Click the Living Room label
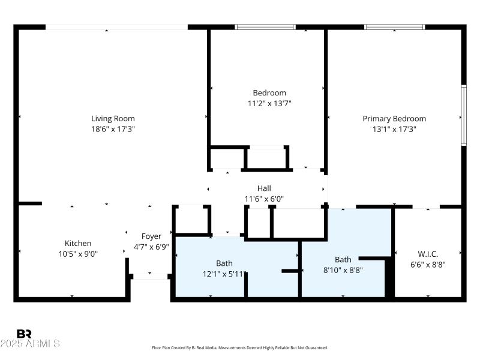[x=113, y=119]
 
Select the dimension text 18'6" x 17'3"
[x=113, y=129]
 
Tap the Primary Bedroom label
[x=394, y=119]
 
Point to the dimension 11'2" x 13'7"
[x=269, y=103]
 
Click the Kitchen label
[x=78, y=243]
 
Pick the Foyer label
[x=151, y=236]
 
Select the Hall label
[x=264, y=188]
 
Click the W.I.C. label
[x=428, y=254]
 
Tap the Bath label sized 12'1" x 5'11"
[x=224, y=263]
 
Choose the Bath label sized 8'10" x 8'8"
[x=343, y=260]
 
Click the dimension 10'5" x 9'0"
[x=78, y=254]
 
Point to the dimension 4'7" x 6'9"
[x=151, y=247]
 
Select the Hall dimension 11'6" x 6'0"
[x=264, y=199]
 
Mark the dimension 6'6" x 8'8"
[x=428, y=264]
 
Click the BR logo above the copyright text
[x=24, y=334]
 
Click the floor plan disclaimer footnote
[x=240, y=347]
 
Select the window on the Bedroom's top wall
[x=265, y=27]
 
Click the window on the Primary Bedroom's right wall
[x=463, y=115]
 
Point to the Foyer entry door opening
[x=150, y=276]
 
